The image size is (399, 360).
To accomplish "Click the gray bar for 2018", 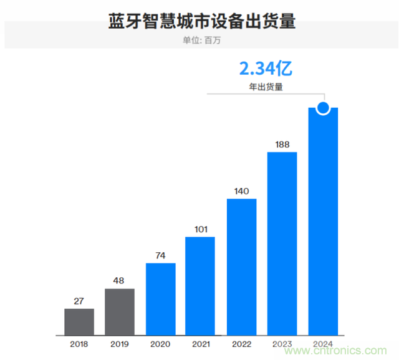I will pos(79,322).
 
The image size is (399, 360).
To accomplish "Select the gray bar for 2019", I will pos(120,312).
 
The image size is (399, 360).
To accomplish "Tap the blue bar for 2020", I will pos(160,300).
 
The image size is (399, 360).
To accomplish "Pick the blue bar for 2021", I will pos(201,287).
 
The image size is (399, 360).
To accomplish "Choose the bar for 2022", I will pos(242,267).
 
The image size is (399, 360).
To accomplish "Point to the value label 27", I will pos(79,300).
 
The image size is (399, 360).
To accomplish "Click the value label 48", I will pos(120,280).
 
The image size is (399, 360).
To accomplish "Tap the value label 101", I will pos(201,229).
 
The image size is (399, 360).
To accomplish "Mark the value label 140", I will pos(242,190).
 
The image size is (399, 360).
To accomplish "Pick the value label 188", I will pos(282,144).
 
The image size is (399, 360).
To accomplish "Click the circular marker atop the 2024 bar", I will pos(323,108).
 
